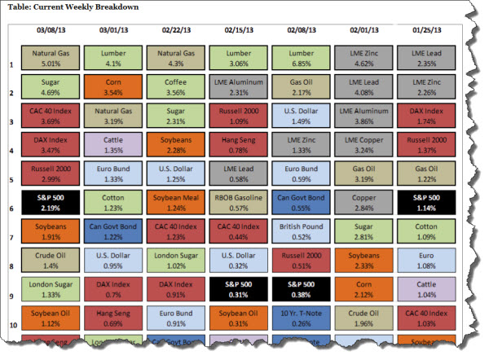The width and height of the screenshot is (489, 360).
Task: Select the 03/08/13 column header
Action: coord(51,30)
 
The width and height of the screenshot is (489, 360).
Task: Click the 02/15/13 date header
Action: coord(238,30)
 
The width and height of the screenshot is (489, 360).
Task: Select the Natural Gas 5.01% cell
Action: coord(51,57)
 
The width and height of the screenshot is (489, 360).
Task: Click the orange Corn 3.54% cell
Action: coord(113,87)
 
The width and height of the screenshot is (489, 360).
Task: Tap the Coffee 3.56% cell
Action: coord(175,87)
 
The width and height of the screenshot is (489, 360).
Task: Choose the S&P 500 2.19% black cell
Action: coord(51,204)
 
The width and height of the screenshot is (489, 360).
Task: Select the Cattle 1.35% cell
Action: coord(113,145)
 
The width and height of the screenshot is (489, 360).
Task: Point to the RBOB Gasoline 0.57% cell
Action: coord(238,204)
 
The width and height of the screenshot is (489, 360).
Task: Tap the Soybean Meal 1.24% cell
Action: coord(175,204)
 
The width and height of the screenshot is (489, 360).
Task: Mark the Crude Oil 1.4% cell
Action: coord(51,261)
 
